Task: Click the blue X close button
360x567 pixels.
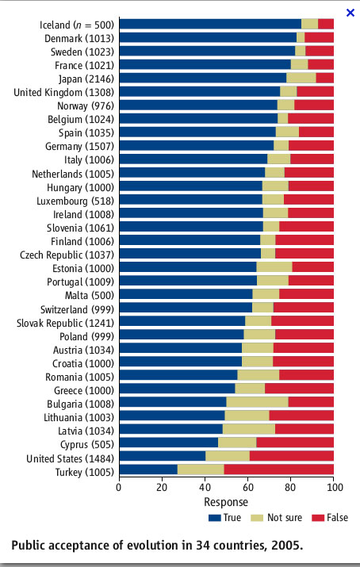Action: point(350,13)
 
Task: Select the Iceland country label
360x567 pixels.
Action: point(56,25)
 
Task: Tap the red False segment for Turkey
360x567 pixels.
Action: point(278,469)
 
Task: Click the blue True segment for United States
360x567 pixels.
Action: point(163,456)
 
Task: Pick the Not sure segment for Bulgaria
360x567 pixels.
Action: point(258,402)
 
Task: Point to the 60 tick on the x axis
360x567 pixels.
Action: point(247,487)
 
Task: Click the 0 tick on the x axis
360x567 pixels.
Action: point(119,487)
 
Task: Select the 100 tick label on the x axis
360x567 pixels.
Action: point(335,487)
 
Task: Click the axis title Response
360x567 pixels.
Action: point(226,502)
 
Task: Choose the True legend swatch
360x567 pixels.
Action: point(214,518)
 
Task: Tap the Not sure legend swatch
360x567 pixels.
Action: point(257,518)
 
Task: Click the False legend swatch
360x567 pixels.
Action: point(318,518)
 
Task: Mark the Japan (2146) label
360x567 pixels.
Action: point(86,79)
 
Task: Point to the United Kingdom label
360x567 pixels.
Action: point(48,92)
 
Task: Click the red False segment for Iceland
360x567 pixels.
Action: point(326,24)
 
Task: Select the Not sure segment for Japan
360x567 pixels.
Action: point(301,78)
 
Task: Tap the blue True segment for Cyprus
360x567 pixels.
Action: point(169,442)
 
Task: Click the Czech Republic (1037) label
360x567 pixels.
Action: point(67,255)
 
